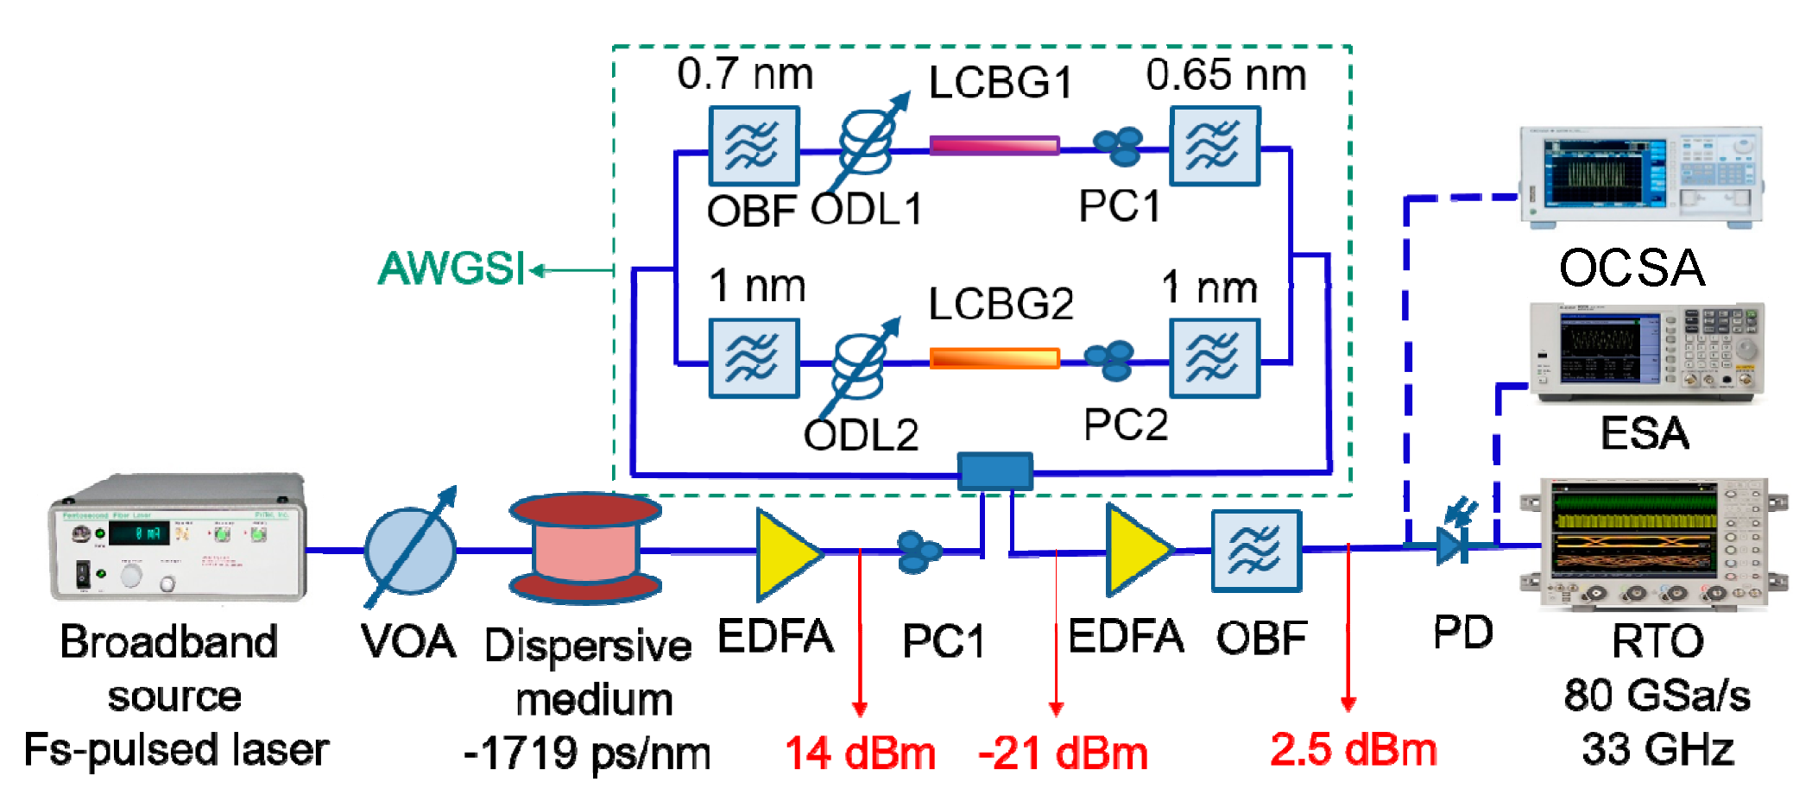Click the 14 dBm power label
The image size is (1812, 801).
point(860,754)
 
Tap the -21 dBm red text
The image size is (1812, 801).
point(1063,754)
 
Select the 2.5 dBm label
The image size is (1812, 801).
point(1353,749)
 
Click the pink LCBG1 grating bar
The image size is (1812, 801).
point(994,145)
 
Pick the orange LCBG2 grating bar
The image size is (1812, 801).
point(994,357)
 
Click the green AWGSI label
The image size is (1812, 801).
point(451,268)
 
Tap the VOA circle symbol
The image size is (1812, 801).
point(410,550)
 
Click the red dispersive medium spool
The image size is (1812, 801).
point(586,548)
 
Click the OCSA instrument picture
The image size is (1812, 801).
point(1640,177)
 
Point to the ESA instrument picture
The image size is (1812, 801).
point(1646,352)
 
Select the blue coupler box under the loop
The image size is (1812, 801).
point(994,471)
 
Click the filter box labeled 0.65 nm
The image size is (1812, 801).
point(1214,146)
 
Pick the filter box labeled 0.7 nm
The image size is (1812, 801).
point(753,146)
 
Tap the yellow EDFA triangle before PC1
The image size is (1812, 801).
point(786,553)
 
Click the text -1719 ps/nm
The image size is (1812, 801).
point(587,754)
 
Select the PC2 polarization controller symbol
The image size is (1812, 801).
point(1110,360)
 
